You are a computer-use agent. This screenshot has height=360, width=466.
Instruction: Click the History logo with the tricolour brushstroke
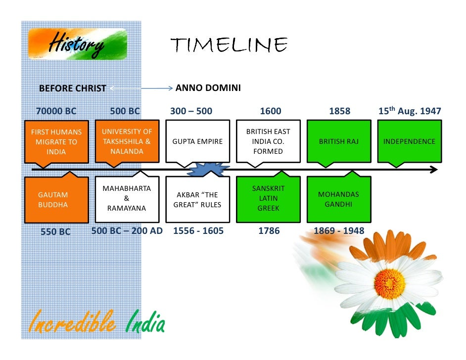(x=78, y=45)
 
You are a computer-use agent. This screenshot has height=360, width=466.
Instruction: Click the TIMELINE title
(x=229, y=45)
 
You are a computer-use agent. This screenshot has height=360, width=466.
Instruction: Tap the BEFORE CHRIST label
(x=72, y=89)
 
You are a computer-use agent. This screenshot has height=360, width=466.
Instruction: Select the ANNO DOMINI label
(x=208, y=88)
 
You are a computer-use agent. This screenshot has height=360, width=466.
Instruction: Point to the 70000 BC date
(x=56, y=111)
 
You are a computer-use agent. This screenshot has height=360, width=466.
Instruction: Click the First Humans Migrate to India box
(x=56, y=141)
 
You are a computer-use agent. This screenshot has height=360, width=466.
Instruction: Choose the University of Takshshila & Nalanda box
(x=127, y=141)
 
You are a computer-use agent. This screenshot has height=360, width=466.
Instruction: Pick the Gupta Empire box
(x=197, y=141)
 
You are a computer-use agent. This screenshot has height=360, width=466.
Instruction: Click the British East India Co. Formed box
(x=268, y=141)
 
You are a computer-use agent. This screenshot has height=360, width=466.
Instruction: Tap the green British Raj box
(x=339, y=141)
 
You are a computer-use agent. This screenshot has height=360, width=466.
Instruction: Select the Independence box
(x=409, y=141)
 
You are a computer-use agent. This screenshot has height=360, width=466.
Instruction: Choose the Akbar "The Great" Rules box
(x=197, y=199)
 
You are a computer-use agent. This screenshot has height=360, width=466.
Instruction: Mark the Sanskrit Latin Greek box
(x=268, y=199)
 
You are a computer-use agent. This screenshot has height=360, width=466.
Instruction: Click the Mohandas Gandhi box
(x=339, y=199)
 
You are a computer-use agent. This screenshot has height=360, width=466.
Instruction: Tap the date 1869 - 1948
(x=339, y=231)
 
